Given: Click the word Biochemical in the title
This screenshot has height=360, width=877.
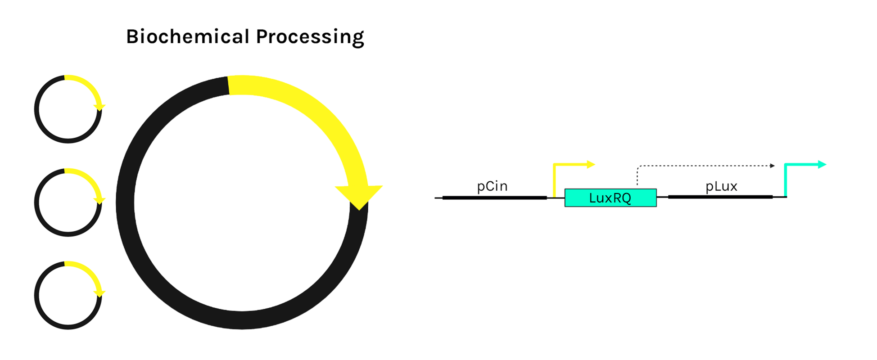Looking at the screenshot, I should (187, 36).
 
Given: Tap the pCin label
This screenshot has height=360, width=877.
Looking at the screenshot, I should (492, 186).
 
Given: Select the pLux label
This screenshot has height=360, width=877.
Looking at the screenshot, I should (721, 186).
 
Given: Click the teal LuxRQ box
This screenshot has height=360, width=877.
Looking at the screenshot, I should (610, 198).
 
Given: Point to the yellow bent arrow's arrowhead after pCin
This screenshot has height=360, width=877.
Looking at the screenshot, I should (591, 165).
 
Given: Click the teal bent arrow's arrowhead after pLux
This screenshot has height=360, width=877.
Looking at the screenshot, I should (822, 165).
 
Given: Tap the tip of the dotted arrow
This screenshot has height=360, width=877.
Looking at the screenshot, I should (773, 166).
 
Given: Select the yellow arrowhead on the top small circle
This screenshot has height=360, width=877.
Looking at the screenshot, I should (99, 108).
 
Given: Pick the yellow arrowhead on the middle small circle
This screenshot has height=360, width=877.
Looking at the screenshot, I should (99, 201).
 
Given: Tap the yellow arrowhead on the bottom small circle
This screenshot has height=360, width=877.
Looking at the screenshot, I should (99, 293).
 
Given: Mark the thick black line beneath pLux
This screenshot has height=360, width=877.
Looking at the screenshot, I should (720, 197).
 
